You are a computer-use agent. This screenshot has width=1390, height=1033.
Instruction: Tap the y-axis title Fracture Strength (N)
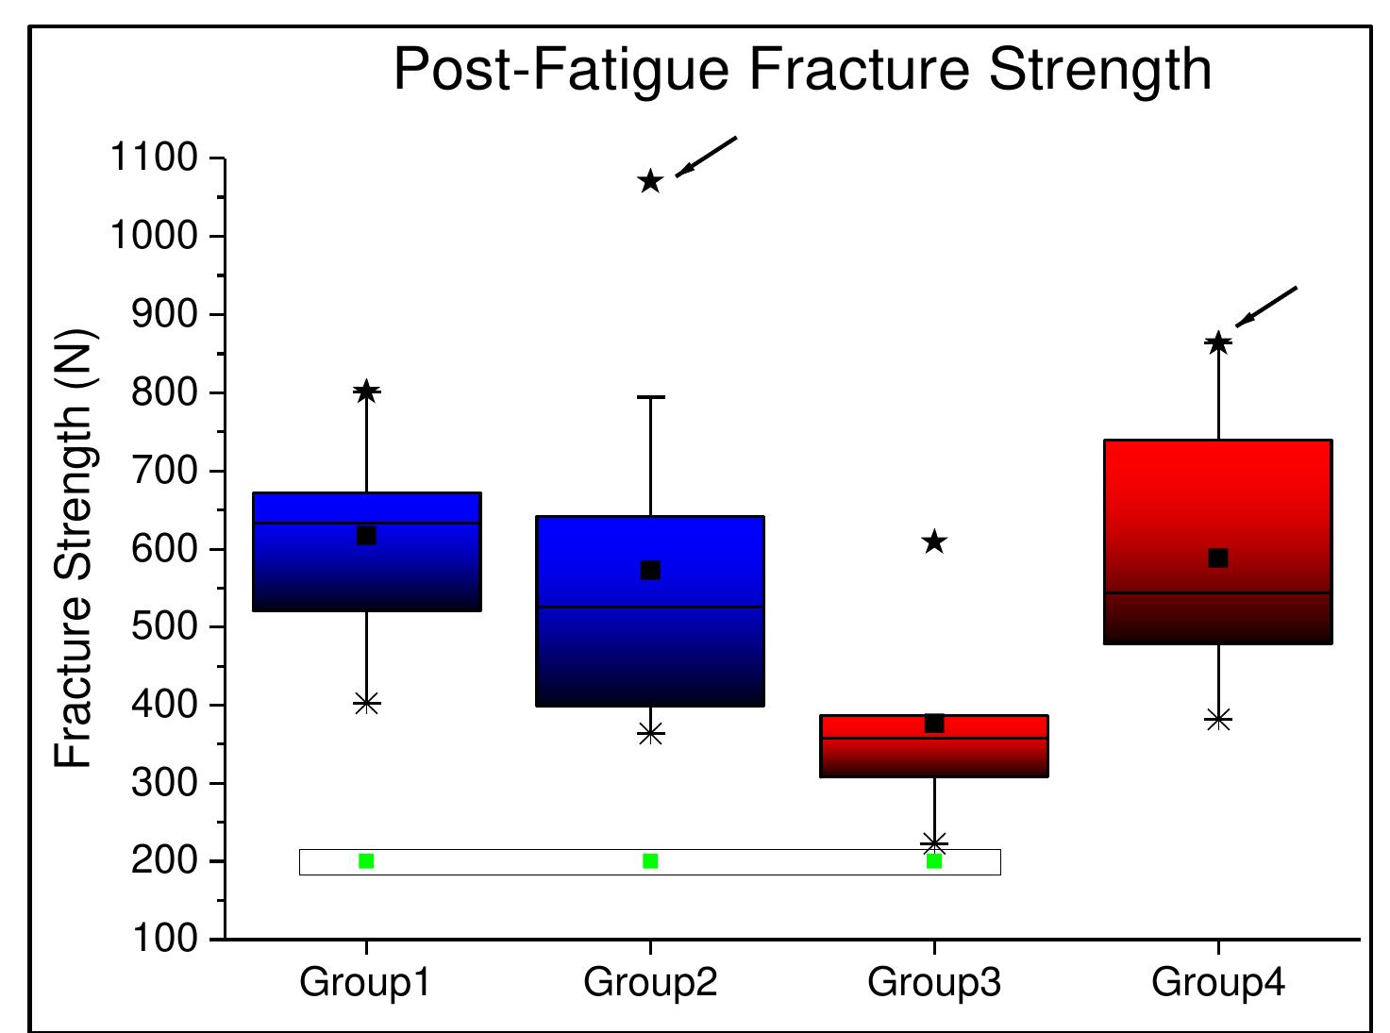(x=75, y=548)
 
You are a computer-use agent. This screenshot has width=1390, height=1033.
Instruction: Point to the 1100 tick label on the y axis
(x=154, y=158)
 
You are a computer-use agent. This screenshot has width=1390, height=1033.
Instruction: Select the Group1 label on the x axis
(x=365, y=983)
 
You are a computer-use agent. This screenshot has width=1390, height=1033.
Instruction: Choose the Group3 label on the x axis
(x=933, y=983)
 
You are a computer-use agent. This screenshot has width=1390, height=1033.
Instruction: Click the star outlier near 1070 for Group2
(x=650, y=181)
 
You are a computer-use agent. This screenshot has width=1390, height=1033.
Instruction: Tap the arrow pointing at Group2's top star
(x=706, y=157)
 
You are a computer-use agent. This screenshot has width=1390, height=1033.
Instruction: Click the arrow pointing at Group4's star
(x=1266, y=307)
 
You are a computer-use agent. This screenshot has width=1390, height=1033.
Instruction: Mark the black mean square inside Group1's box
(x=366, y=536)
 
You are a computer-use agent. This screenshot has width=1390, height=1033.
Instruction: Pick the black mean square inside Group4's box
(x=1218, y=558)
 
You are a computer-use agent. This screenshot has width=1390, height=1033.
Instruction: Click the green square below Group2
(x=650, y=861)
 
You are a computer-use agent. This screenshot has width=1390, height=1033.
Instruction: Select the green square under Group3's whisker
(x=934, y=861)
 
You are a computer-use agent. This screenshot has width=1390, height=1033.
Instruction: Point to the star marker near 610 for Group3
(x=934, y=542)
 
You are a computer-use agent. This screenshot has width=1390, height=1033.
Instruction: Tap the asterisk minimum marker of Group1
(x=366, y=703)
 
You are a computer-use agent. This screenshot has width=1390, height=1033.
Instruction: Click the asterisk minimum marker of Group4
(x=1218, y=720)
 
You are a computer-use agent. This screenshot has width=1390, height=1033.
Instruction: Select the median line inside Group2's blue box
(x=650, y=607)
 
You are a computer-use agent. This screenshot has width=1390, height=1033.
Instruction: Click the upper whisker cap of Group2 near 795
(x=650, y=397)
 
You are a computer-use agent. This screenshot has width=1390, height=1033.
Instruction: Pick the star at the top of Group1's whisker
(x=366, y=392)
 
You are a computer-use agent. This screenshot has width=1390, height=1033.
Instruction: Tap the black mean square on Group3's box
(x=934, y=724)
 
